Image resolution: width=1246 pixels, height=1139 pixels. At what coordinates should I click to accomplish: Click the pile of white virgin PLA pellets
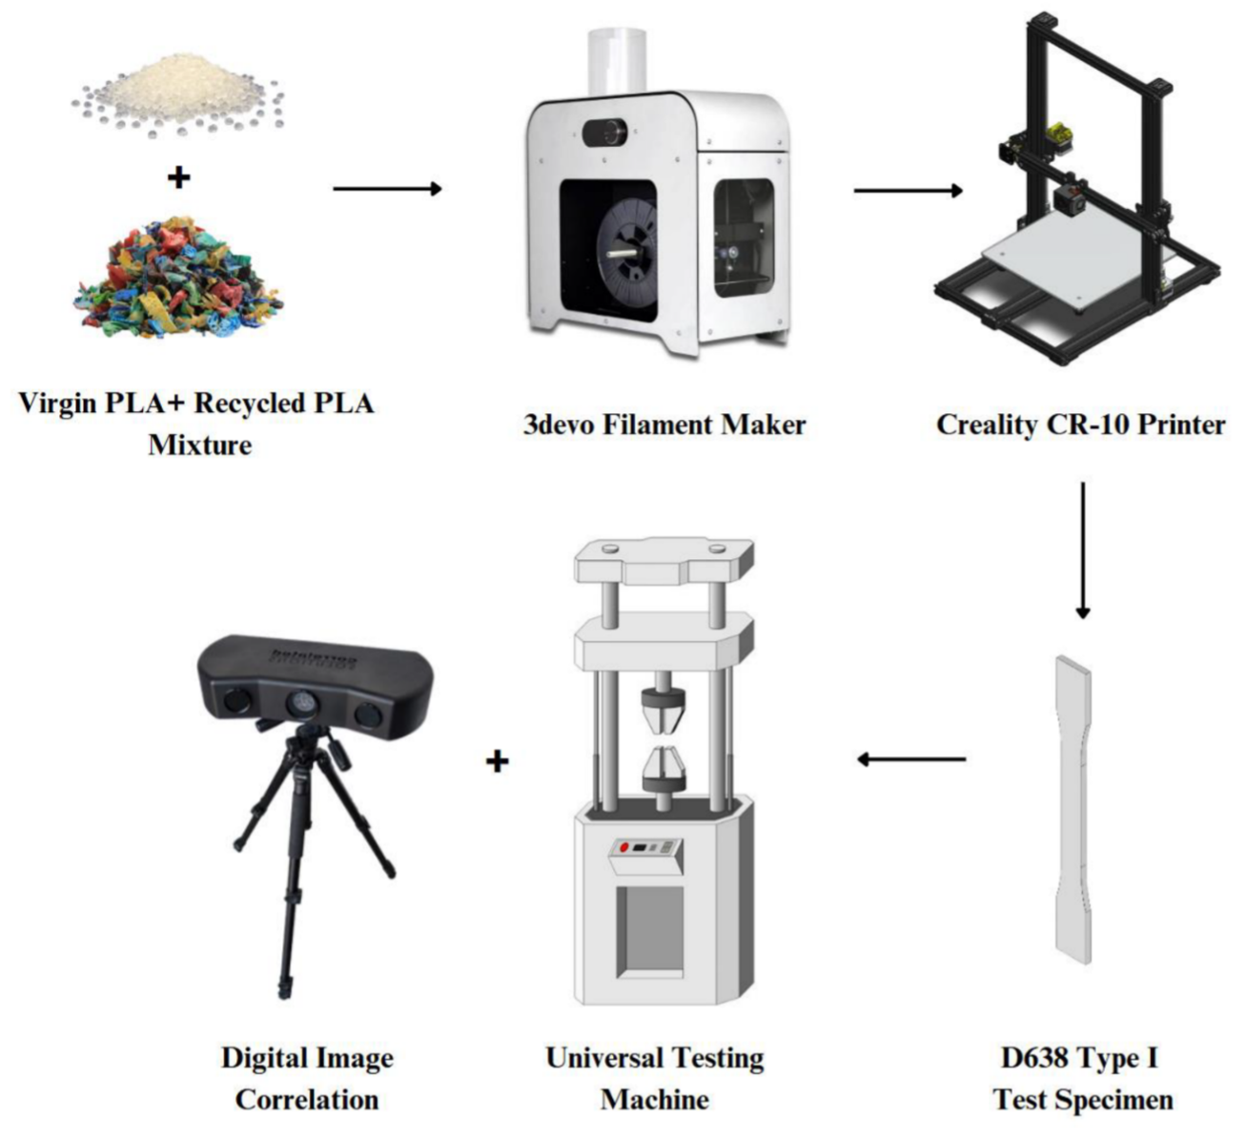point(179,93)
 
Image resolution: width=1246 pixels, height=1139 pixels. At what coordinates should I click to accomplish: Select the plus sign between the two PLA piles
point(178,176)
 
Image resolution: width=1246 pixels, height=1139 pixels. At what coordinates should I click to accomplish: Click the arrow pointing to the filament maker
point(387,189)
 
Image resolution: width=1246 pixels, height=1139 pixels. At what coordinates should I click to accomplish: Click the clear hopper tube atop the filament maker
point(617,59)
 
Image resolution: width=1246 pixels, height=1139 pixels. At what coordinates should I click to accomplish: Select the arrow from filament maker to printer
point(908,191)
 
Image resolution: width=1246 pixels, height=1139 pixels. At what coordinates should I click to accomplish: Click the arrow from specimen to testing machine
point(911,759)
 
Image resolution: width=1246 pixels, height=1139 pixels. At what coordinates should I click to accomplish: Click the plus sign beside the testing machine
point(497,761)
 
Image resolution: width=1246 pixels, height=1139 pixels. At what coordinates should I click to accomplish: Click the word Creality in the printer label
point(986,425)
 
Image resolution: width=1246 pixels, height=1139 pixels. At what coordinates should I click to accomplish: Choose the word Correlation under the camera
point(307,1100)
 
